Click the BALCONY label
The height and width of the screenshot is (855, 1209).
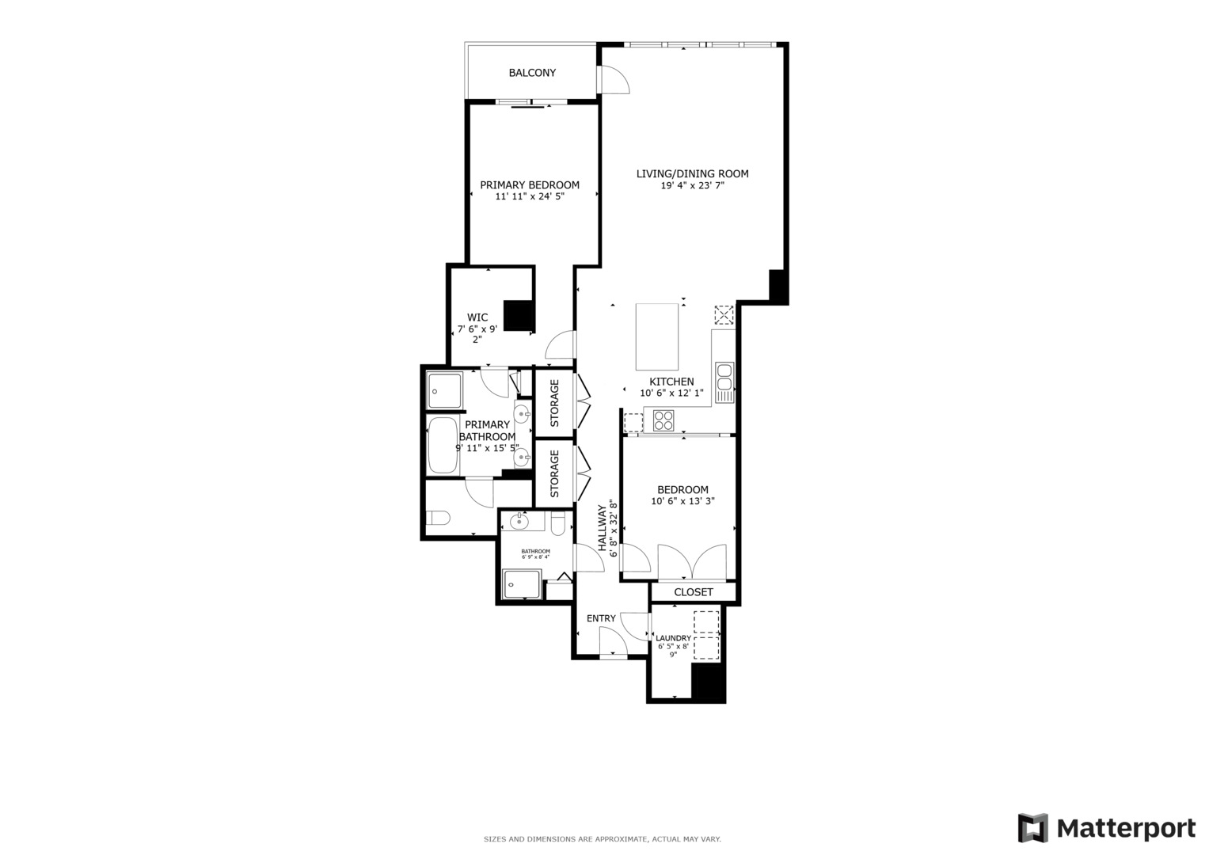point(532,73)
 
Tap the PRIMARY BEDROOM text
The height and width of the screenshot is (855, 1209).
point(530,185)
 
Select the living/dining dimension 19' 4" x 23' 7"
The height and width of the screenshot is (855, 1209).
point(693,186)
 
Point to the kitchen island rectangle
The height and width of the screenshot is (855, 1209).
point(657,336)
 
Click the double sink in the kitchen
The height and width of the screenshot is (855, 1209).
point(724,382)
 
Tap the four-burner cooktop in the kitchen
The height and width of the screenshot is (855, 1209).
point(663,420)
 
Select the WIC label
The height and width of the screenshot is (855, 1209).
point(477,317)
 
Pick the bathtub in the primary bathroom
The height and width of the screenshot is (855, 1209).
point(443,446)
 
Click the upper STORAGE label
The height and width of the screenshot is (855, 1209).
point(555,403)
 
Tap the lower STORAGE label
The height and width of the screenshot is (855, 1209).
point(555,473)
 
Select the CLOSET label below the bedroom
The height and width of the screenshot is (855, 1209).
point(694,592)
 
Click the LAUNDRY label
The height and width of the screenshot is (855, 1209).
point(673,638)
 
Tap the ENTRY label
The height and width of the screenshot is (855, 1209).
point(601,618)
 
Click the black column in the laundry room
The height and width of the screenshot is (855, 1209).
point(709,682)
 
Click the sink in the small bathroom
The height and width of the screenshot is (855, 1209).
point(519,522)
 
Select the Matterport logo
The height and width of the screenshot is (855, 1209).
point(1106,829)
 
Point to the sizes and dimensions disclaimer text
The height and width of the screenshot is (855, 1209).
point(603,839)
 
